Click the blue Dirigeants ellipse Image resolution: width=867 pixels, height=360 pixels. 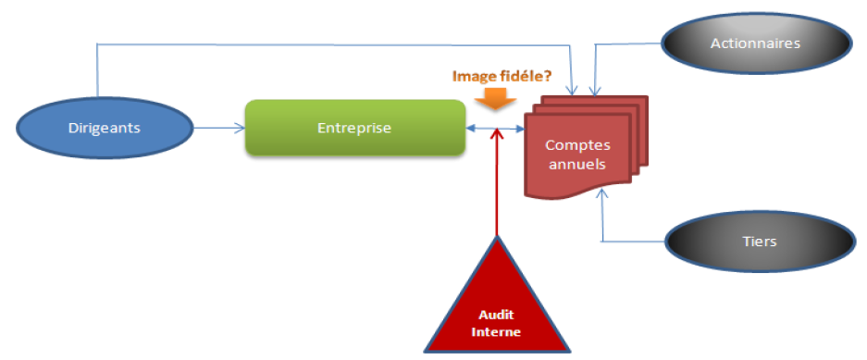[x=105, y=129]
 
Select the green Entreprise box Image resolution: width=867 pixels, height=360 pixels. [x=354, y=128]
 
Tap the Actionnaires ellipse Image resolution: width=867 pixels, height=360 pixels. [x=755, y=43]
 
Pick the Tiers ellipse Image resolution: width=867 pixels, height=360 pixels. [x=760, y=242]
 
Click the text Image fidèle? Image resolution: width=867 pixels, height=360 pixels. [x=502, y=76]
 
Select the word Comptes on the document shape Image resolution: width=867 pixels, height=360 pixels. [x=577, y=145]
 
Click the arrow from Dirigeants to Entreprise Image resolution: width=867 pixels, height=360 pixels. [x=219, y=129]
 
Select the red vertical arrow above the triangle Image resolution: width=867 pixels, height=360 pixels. [x=498, y=182]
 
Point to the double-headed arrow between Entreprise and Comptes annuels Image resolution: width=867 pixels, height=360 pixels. [x=495, y=129]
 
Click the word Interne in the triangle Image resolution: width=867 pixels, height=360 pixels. [x=501, y=332]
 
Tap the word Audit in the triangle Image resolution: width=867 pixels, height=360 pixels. [x=497, y=316]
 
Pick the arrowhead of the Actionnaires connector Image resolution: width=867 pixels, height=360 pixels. [x=595, y=92]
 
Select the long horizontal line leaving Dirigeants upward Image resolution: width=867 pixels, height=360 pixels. [x=335, y=44]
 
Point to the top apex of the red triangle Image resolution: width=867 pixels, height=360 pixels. [x=497, y=236]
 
